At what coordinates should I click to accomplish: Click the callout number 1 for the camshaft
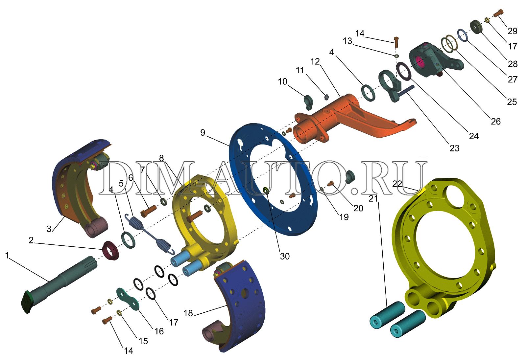pos(7,255)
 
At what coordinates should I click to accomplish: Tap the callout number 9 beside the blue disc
pos(203,133)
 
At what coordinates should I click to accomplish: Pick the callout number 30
pos(284,256)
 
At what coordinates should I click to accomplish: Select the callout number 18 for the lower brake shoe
pos(188,313)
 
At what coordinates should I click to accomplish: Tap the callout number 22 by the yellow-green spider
pos(397,184)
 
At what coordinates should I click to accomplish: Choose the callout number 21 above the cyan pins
pos(373,199)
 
